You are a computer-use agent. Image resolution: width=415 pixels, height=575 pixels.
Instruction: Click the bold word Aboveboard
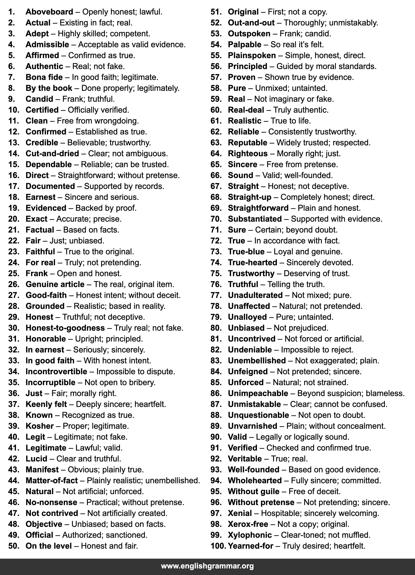pos(49,12)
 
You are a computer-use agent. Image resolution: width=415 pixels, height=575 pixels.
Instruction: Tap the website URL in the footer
pos(207,566)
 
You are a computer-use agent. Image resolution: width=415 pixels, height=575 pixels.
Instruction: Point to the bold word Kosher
pos(40,426)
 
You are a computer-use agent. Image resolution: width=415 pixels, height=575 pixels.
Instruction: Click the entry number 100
pos(218,546)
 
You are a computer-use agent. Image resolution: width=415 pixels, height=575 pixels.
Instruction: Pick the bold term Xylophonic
pos(250,535)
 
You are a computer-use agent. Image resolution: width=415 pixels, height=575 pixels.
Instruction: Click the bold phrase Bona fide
pos(44,77)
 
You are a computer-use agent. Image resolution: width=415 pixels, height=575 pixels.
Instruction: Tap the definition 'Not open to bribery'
pos(120,382)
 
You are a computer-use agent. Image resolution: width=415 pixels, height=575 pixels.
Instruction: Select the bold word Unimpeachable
pos(258,393)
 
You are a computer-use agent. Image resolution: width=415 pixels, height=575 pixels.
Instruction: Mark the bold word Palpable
pos(244,45)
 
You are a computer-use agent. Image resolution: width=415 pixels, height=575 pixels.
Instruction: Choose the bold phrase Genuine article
pos(55,284)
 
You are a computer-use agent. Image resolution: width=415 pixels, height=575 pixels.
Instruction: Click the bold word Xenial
pos(240,513)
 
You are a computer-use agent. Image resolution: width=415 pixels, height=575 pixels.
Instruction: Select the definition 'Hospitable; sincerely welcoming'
pos(320,513)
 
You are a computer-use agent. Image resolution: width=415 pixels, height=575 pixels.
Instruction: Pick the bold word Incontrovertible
pos(56,371)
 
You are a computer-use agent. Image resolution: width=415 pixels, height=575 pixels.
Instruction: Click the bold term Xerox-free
pos(248,524)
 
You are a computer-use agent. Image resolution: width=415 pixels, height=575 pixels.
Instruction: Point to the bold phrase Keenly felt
pos(46,404)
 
